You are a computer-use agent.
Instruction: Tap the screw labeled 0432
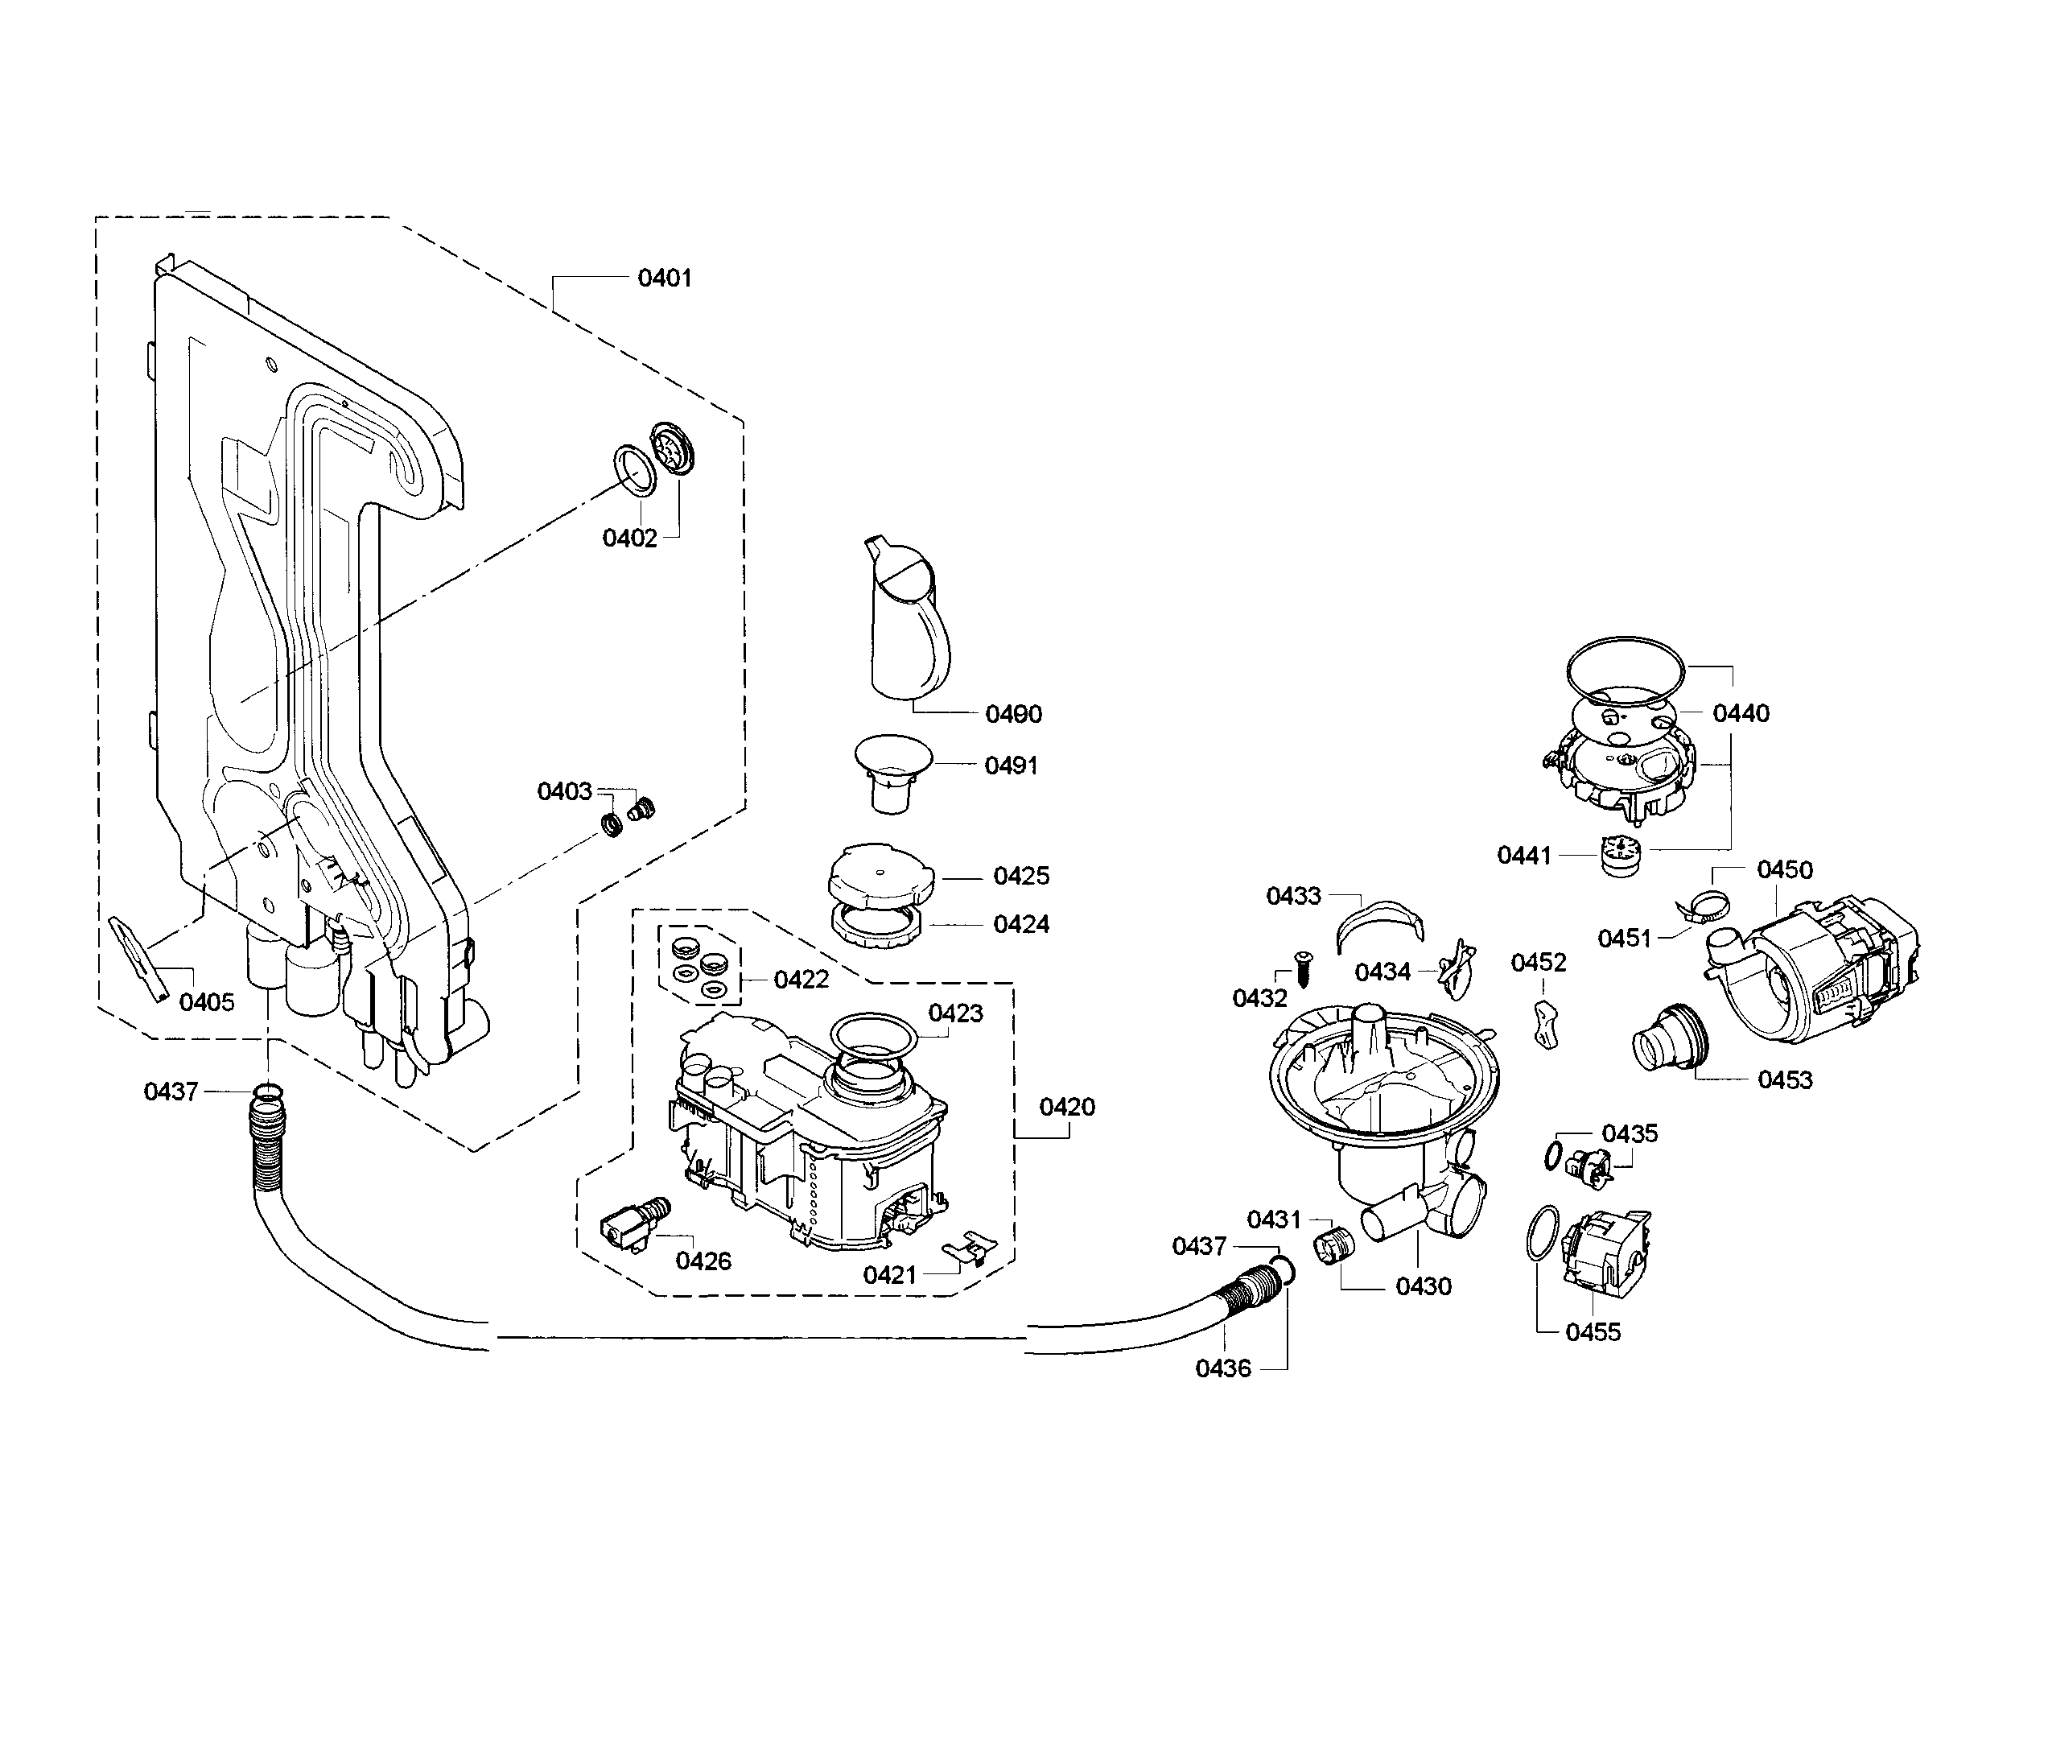point(1302,965)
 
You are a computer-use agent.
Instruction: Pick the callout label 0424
point(1021,925)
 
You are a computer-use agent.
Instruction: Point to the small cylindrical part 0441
point(1618,854)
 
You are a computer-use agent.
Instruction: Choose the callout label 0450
point(1784,869)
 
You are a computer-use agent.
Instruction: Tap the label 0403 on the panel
point(564,791)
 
